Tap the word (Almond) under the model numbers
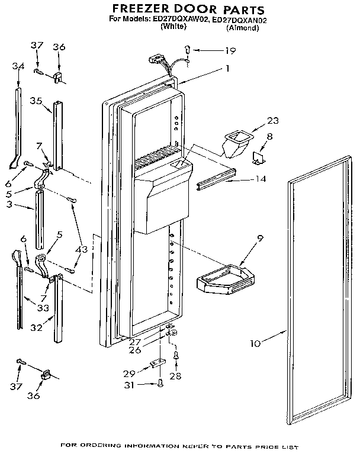243,28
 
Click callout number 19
230,51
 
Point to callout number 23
272,121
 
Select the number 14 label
260,179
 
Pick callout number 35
36,101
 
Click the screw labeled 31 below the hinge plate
160,385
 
